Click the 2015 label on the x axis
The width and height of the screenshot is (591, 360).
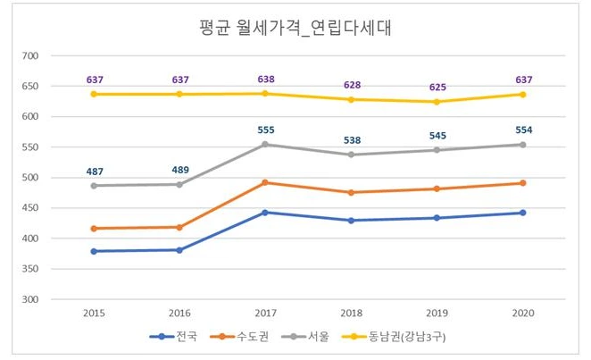tap(94, 314)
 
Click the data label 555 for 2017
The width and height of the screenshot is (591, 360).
tap(265, 129)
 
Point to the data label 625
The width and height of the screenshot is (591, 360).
tap(437, 87)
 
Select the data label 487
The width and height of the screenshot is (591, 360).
tap(94, 171)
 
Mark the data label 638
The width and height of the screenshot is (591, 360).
tap(265, 79)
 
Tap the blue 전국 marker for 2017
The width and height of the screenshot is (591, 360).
tap(265, 213)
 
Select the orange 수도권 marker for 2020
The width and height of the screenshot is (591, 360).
tap(522, 183)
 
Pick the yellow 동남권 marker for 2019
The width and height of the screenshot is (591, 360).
tap(437, 102)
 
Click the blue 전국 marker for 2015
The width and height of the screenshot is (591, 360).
tap(94, 251)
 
